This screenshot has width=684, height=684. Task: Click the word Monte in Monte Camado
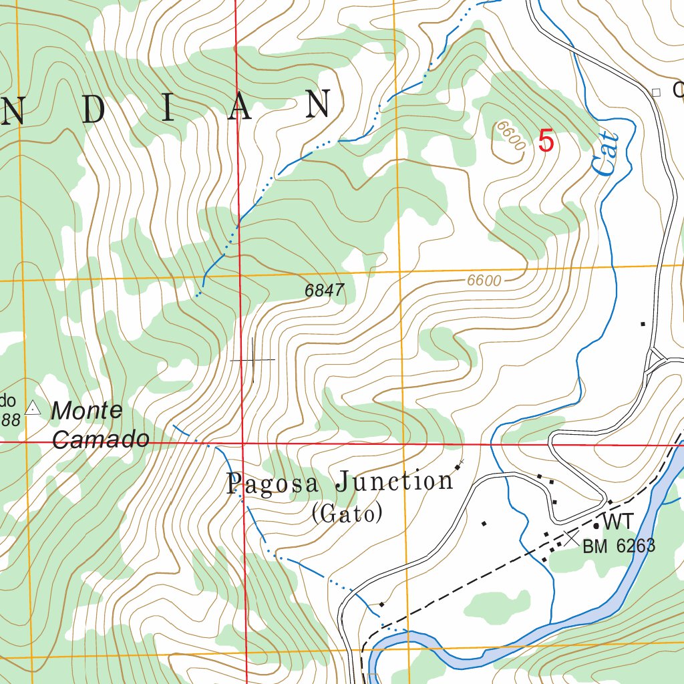[x=87, y=411]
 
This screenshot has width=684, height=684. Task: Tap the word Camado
[x=100, y=440]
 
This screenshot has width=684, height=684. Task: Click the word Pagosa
[x=275, y=484]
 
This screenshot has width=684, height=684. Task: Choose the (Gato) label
[x=347, y=514]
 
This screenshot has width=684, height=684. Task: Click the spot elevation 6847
[x=324, y=291]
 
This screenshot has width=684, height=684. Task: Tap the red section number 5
[x=546, y=142]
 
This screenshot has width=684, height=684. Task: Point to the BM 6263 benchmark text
[x=619, y=546]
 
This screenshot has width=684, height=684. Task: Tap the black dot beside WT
[x=596, y=526]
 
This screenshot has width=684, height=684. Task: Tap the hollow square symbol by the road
[x=656, y=92]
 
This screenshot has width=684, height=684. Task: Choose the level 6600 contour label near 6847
[x=484, y=281]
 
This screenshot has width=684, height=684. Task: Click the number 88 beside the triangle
[x=10, y=419]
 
